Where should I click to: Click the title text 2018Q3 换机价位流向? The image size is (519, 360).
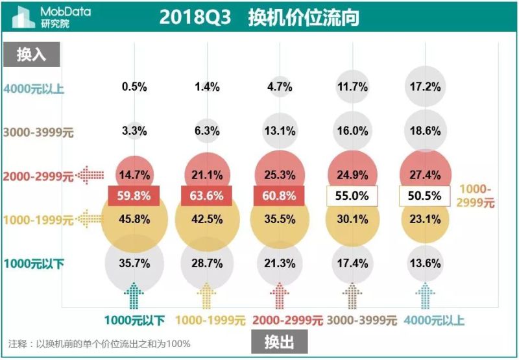point(259,18)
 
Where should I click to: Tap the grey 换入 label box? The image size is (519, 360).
point(31,54)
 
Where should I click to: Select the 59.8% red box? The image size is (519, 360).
point(134,195)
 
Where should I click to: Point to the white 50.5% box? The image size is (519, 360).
point(426,195)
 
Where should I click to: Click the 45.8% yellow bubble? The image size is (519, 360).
point(134,219)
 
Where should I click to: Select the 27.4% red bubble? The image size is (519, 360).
point(426,174)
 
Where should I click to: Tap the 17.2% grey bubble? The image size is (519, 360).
point(426,86)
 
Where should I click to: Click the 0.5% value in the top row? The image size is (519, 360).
point(134,86)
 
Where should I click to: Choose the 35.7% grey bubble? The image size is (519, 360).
point(134,263)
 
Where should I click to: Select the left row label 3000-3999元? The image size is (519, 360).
point(39,132)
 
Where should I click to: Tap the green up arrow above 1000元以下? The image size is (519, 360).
point(134,296)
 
